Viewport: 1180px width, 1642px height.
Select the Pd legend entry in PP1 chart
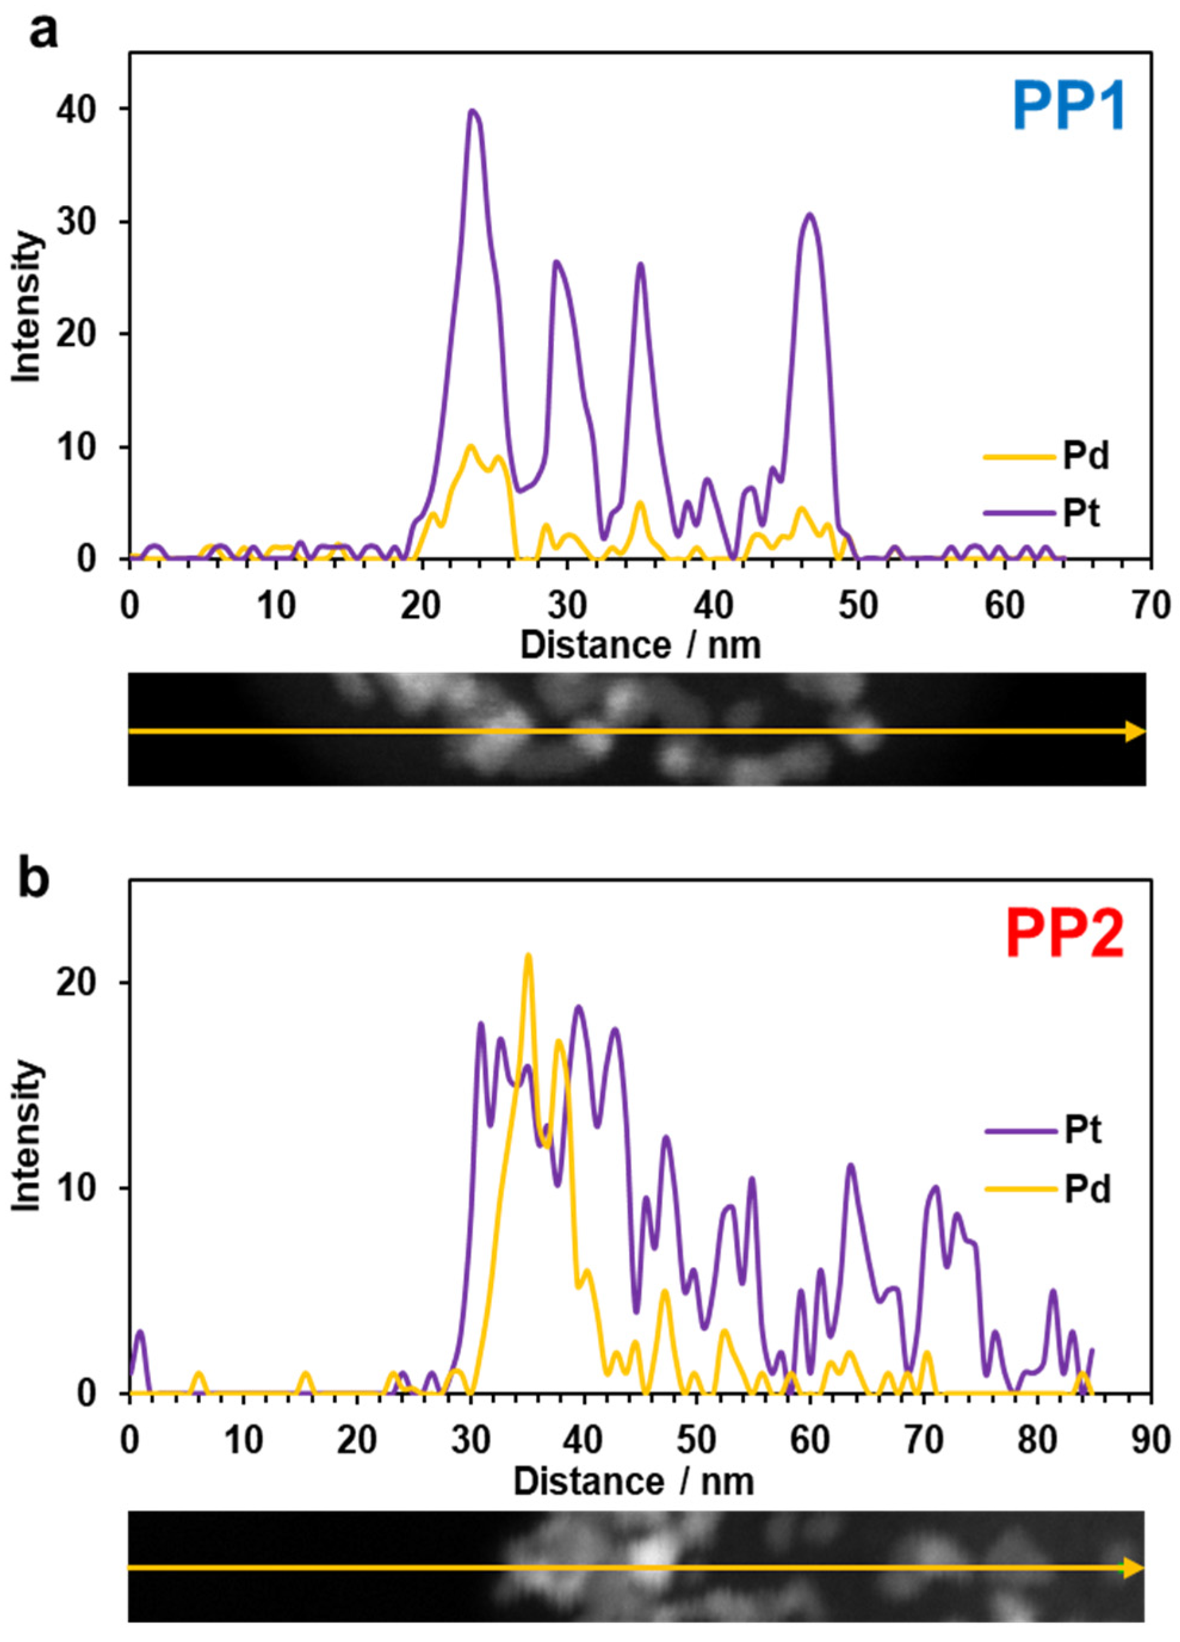pos(1085,457)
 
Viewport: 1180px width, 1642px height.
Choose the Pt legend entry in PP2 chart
pos(1082,1130)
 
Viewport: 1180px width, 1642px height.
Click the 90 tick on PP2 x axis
pos(1150,1442)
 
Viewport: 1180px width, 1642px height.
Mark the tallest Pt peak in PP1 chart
pos(473,112)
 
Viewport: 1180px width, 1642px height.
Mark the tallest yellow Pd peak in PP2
pos(528,955)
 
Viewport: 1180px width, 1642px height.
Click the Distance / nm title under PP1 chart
pos(640,644)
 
